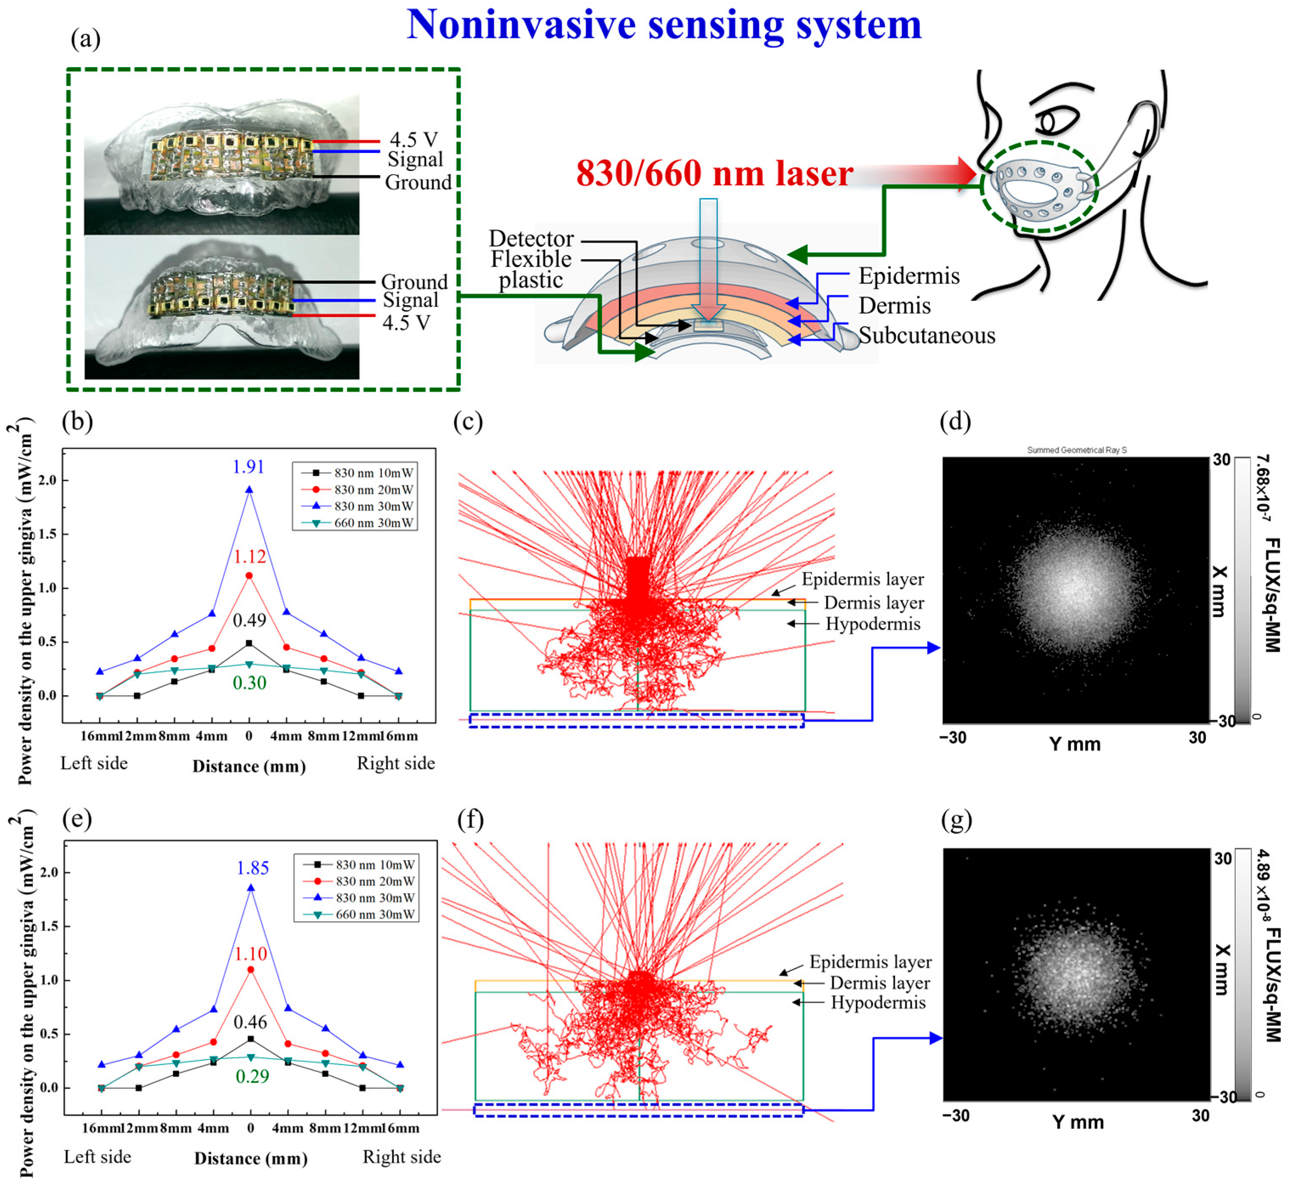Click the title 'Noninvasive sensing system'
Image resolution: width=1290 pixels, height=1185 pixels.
[664, 25]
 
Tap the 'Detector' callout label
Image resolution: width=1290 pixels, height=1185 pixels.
[531, 238]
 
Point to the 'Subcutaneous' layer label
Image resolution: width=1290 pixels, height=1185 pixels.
[927, 335]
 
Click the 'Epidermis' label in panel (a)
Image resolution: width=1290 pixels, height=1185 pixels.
[909, 276]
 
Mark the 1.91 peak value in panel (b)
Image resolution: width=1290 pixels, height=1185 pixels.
[249, 467]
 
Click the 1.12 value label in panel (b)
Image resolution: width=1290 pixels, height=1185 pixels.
[249, 557]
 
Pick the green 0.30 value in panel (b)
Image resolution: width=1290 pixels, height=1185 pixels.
[249, 683]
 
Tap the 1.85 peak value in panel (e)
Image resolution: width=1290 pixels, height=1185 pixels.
[253, 868]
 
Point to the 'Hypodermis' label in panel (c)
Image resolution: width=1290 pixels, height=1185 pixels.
[872, 624]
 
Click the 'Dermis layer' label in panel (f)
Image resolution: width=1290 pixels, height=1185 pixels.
[879, 983]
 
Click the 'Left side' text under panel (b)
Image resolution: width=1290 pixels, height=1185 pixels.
[94, 763]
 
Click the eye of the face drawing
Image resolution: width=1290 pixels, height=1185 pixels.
[1049, 122]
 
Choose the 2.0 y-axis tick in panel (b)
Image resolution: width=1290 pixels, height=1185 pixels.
[48, 480]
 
